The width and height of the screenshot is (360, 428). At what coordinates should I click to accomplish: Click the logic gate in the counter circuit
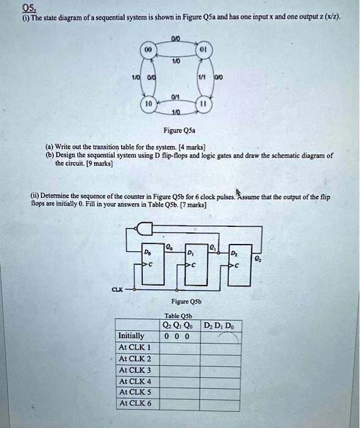(x=144, y=229)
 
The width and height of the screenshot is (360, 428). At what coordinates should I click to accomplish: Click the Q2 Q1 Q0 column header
(x=177, y=325)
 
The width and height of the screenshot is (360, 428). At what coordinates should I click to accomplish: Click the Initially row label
(x=131, y=336)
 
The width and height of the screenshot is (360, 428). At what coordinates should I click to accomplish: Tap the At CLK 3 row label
(x=135, y=369)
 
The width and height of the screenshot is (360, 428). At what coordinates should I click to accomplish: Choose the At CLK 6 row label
(x=135, y=403)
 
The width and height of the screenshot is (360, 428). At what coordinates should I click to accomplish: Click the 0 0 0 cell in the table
(x=177, y=336)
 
